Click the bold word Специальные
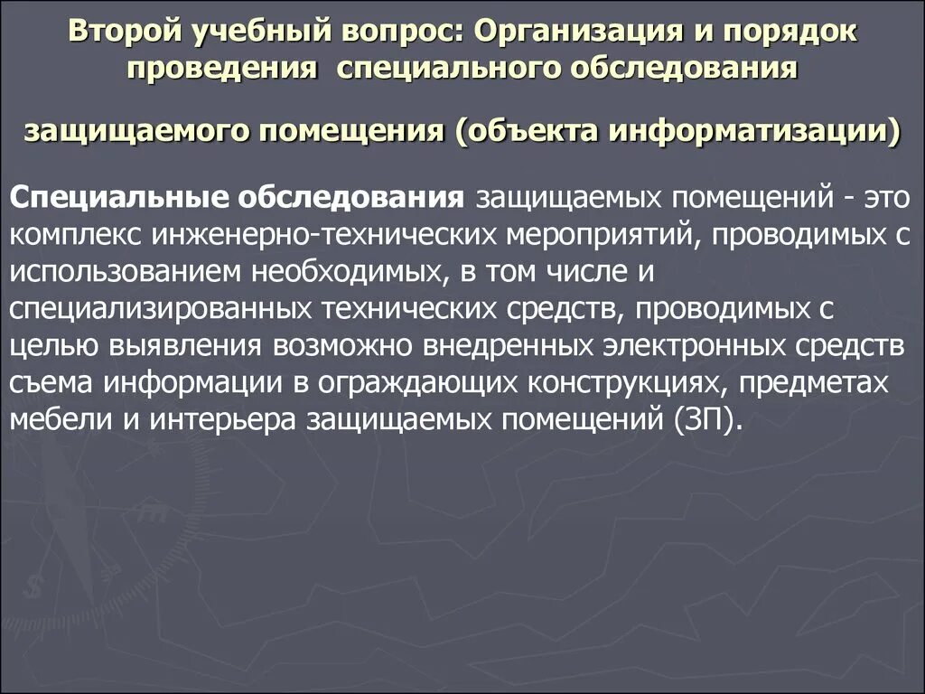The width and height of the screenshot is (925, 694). [106, 196]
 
